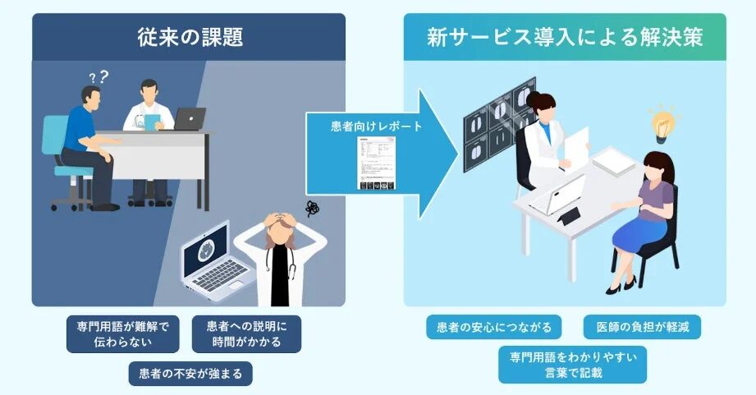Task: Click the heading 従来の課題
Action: [x=189, y=38]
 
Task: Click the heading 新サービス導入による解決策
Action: [x=565, y=38]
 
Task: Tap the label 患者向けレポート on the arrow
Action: [x=364, y=127]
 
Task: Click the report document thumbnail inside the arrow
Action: [x=375, y=164]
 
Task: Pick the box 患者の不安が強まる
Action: [x=190, y=374]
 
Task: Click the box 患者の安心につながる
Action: [x=493, y=327]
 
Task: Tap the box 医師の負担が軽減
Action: [x=643, y=327]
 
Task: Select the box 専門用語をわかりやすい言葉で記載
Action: [x=572, y=365]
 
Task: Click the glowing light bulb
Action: [x=662, y=122]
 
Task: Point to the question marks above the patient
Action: [x=99, y=78]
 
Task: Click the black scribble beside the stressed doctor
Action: [x=313, y=209]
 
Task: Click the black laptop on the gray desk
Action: [x=190, y=120]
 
